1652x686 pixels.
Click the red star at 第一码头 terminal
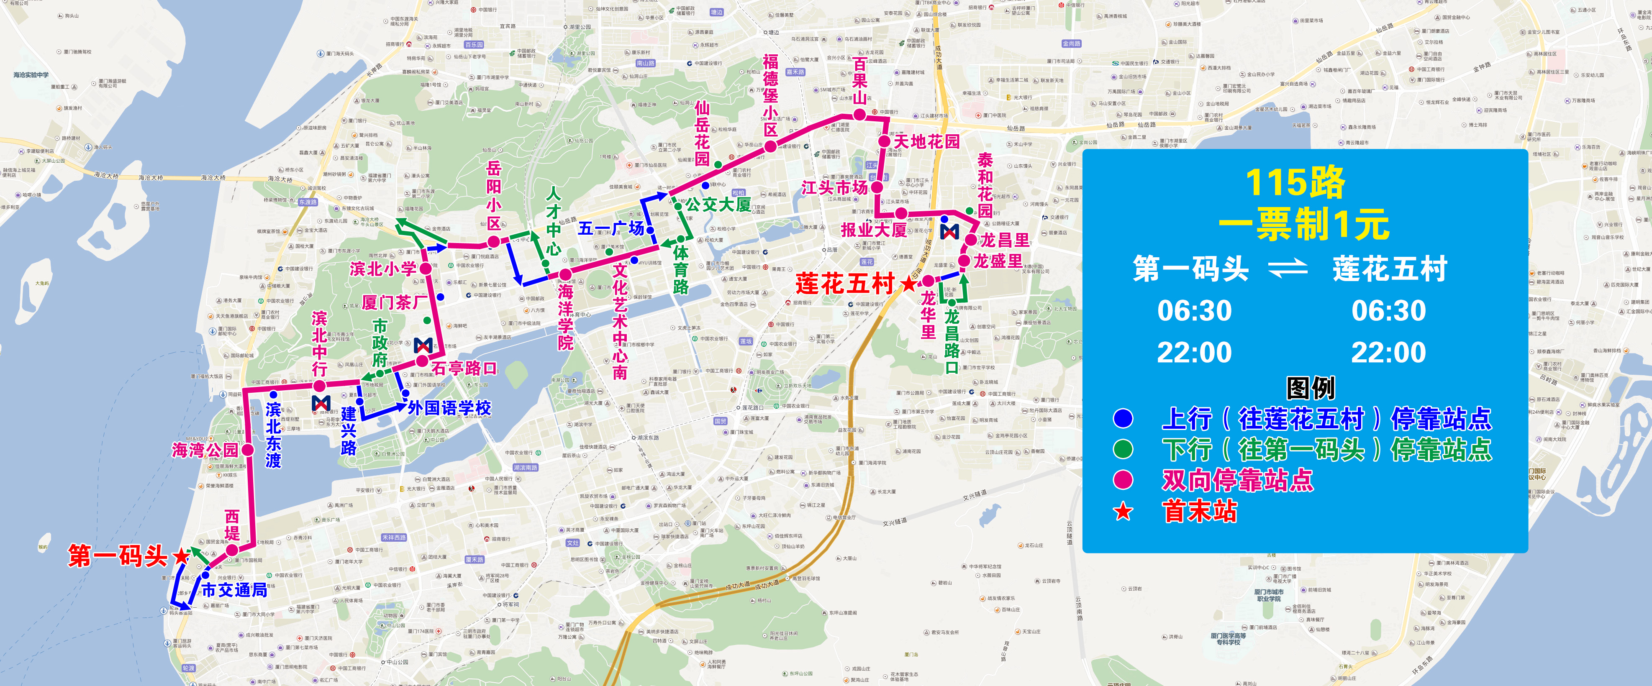(182, 555)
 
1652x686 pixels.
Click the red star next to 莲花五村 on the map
(909, 283)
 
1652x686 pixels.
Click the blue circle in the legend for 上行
(1123, 419)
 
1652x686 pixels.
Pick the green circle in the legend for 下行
(1123, 449)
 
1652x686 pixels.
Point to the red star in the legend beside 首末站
(1123, 511)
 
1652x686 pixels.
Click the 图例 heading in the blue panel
(1310, 388)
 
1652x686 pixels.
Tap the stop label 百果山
(859, 82)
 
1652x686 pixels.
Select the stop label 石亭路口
(464, 368)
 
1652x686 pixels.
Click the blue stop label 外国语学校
(449, 408)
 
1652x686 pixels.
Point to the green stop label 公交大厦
(718, 205)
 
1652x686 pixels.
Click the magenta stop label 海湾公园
(205, 450)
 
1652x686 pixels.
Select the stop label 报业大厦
(873, 230)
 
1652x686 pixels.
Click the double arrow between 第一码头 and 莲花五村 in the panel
(1288, 268)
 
